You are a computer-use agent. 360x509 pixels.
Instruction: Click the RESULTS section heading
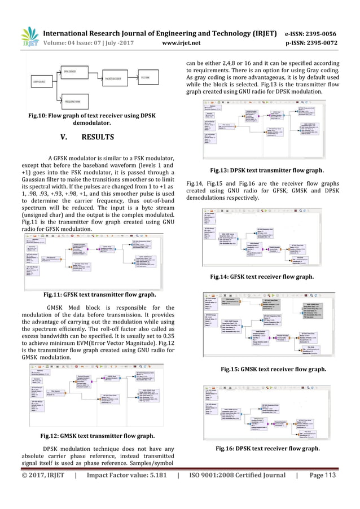click(x=97, y=137)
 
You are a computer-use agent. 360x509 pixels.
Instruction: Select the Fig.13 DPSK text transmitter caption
click(x=267, y=169)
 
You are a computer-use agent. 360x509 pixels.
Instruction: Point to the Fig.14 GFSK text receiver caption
click(x=266, y=277)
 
